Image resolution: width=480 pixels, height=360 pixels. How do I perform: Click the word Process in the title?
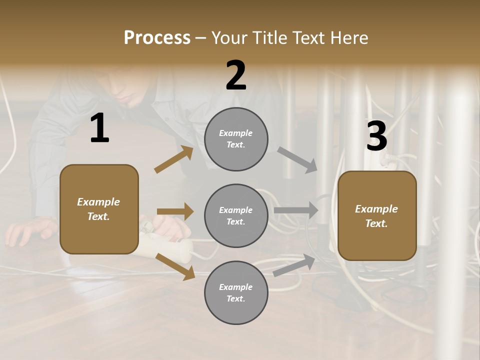point(157,38)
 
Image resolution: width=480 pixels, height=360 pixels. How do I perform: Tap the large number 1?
point(99,128)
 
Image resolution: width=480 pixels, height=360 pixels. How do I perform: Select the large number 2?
point(236,75)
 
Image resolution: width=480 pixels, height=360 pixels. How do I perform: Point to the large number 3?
point(376,136)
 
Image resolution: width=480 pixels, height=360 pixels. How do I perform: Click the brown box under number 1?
point(99,209)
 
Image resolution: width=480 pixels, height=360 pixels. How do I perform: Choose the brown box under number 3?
point(377,215)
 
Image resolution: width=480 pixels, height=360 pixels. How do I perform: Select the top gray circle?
point(236,139)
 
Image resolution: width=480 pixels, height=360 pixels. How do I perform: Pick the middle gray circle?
point(236,215)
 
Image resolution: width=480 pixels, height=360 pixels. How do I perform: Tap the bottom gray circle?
point(236,292)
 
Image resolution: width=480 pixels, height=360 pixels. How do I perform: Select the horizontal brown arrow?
point(175,211)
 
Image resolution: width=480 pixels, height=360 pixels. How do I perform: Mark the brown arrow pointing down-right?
point(175,266)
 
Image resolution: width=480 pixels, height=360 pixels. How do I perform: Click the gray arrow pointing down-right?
point(297,159)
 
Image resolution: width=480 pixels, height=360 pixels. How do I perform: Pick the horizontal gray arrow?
point(296,210)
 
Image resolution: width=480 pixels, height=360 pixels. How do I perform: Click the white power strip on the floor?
point(165,245)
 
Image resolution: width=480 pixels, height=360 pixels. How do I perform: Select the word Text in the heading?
point(310,38)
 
